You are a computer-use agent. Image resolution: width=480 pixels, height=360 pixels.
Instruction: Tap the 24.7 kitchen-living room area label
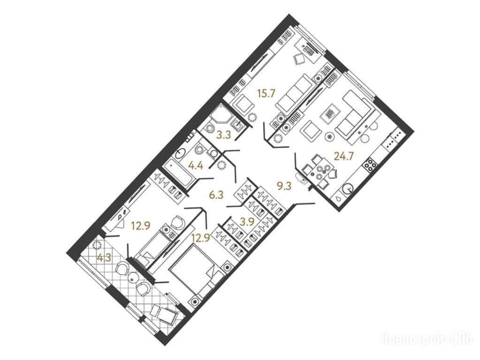[344, 156]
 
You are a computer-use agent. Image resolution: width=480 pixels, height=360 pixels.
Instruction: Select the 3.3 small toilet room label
[223, 135]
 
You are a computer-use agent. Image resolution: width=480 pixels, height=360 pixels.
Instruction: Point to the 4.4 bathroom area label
[196, 166]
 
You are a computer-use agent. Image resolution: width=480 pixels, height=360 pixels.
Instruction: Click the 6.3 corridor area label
[217, 195]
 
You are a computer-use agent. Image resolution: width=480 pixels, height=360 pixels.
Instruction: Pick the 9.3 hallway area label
[284, 186]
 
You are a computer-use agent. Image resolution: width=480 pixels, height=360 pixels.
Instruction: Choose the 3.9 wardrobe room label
[247, 221]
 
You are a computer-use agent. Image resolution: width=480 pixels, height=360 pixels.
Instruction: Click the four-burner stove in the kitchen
[369, 165]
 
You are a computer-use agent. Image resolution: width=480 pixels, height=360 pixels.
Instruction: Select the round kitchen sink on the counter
[348, 188]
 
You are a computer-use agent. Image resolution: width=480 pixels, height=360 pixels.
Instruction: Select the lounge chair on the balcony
[163, 314]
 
